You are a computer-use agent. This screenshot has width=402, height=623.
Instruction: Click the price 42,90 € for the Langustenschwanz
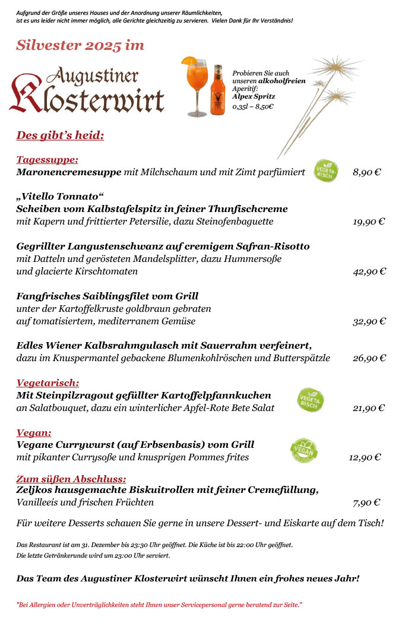[x=369, y=271]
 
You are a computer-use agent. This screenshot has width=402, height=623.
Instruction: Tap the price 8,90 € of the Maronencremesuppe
[x=366, y=172]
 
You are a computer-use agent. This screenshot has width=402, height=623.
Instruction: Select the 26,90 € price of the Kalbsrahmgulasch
[x=369, y=358]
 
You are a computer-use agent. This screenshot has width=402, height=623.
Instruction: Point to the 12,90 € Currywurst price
[x=365, y=457]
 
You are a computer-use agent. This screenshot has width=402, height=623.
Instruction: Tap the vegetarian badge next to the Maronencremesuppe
[x=326, y=171]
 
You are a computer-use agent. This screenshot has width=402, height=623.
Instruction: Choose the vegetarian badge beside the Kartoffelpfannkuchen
[x=311, y=400]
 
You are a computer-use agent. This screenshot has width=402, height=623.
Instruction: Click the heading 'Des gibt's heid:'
[x=60, y=135]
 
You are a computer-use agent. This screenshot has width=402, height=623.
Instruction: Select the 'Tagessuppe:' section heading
[x=48, y=160]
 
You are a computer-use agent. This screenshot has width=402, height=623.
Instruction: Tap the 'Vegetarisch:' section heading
[x=48, y=383]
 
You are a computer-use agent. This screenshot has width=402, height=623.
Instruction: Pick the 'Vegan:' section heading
[x=34, y=433]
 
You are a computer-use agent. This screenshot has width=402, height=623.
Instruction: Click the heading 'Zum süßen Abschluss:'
[x=71, y=479]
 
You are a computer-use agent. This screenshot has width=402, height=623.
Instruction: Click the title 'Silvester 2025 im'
[x=80, y=46]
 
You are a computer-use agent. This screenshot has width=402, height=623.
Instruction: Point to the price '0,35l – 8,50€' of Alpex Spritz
[x=253, y=106]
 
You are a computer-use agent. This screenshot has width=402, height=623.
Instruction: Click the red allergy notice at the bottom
[x=159, y=605]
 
